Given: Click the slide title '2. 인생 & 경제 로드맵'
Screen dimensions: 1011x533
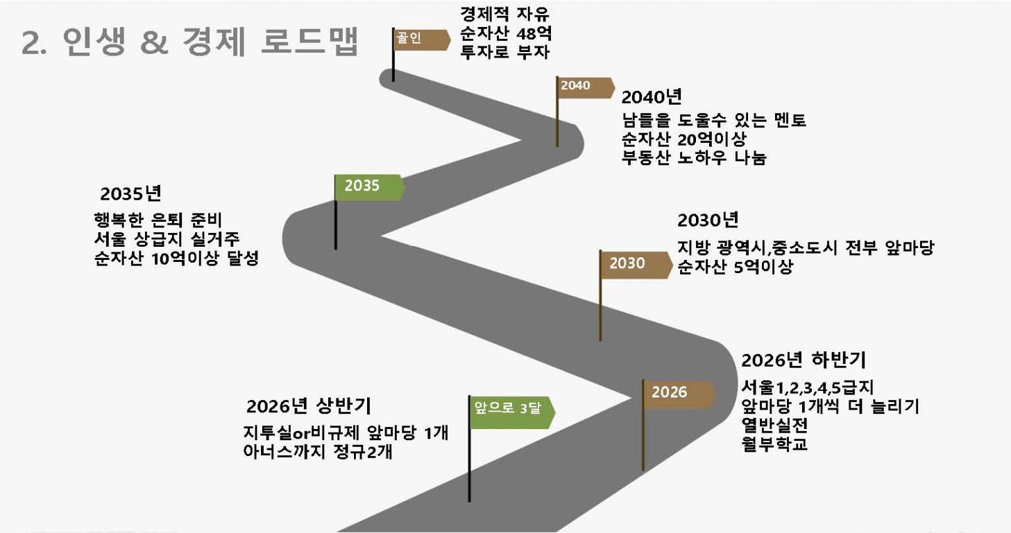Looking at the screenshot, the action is (190, 42).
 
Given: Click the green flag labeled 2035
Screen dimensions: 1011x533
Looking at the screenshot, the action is (369, 187).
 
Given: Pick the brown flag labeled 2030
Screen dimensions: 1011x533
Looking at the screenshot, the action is (636, 265).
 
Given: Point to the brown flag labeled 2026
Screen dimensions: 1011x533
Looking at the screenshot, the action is (679, 394).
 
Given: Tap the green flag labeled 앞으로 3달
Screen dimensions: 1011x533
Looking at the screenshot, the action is (512, 412).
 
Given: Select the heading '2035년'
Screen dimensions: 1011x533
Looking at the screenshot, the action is (130, 193).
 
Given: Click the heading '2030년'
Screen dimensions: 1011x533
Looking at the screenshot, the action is (708, 220).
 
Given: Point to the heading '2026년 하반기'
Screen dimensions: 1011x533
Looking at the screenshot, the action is (804, 360).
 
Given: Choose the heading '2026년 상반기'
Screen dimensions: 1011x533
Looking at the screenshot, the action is (309, 406).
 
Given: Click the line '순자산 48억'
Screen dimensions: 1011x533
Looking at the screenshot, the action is (505, 33).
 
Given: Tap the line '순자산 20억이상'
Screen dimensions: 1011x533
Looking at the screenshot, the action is (683, 139).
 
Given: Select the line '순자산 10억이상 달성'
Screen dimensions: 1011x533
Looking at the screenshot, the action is (176, 259).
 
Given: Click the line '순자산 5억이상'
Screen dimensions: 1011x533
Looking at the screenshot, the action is (736, 267).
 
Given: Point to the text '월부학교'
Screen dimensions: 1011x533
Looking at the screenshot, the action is (774, 444).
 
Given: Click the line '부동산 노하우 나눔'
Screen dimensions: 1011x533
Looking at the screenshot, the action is (694, 158).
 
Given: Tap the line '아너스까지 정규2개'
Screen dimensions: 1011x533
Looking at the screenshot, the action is (318, 451).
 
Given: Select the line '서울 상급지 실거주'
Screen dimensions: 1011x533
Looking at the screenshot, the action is (167, 239).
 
